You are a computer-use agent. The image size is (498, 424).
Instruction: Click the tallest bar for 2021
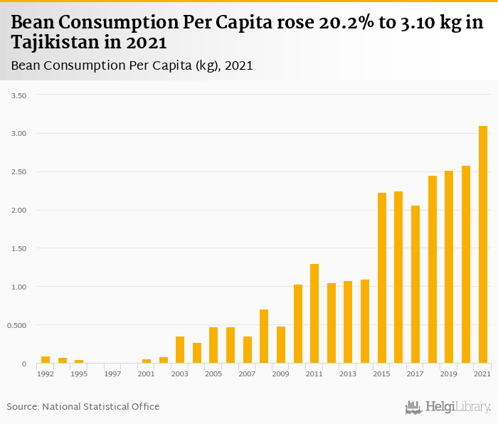pyautogui.click(x=483, y=245)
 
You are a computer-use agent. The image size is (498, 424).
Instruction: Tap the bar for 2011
pyautogui.click(x=314, y=314)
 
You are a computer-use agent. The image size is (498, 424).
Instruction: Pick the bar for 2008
pyautogui.click(x=264, y=336)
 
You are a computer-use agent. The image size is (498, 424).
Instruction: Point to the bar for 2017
pyautogui.click(x=415, y=285)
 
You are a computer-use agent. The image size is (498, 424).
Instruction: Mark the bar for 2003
pyautogui.click(x=180, y=350)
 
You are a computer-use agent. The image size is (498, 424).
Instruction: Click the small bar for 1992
pyautogui.click(x=46, y=360)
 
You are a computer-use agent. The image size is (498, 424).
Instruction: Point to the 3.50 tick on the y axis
pyautogui.click(x=19, y=95)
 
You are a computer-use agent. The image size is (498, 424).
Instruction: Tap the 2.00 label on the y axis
pyautogui.click(x=19, y=211)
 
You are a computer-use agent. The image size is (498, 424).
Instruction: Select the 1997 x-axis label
pyautogui.click(x=112, y=373)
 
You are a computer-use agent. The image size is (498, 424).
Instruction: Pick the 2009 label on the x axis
pyautogui.click(x=280, y=373)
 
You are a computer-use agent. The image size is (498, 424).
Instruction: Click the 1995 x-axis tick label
pyautogui.click(x=79, y=373)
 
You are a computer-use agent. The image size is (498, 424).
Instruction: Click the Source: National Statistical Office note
pyautogui.click(x=83, y=406)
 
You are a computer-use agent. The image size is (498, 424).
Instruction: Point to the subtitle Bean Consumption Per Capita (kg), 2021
pyautogui.click(x=132, y=65)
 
